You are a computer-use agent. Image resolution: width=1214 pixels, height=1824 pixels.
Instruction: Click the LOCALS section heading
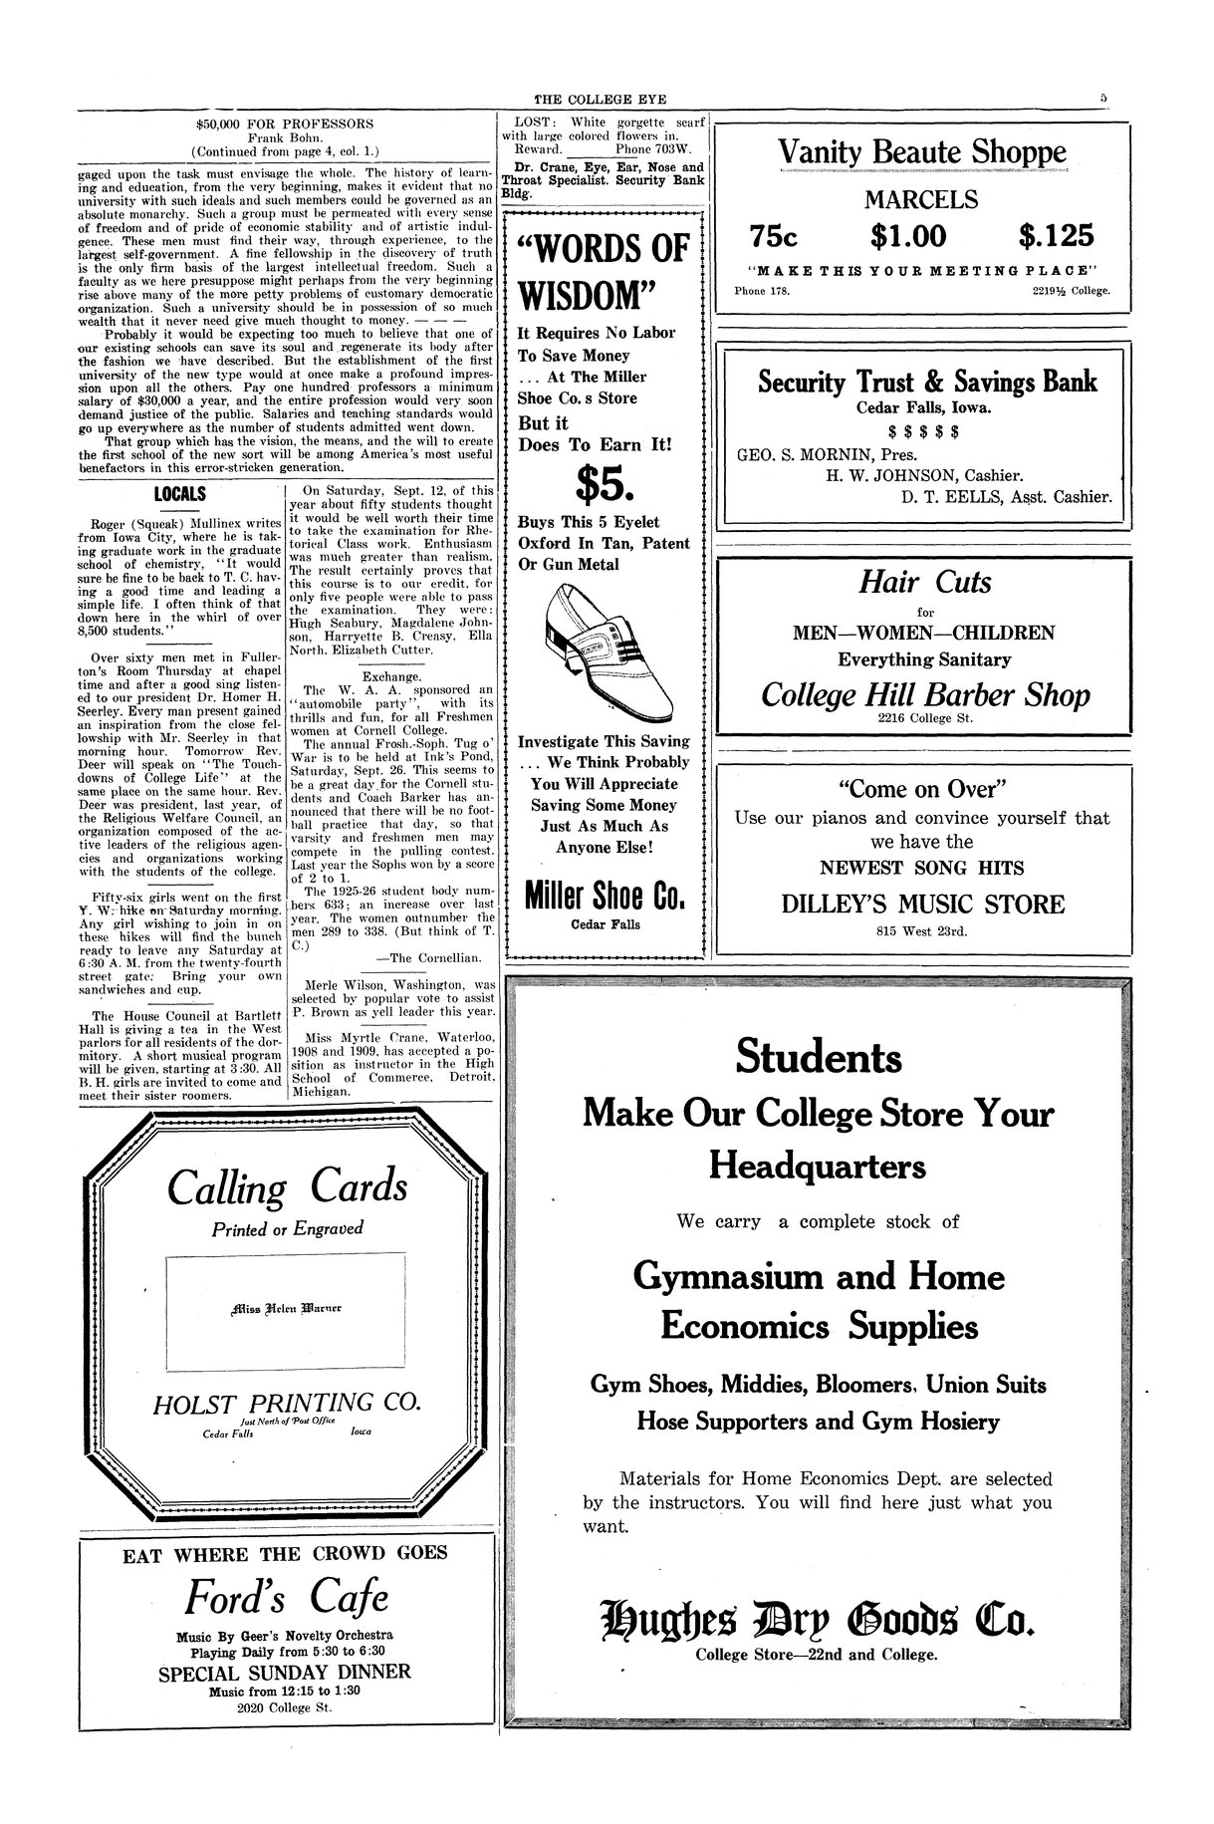click(x=179, y=494)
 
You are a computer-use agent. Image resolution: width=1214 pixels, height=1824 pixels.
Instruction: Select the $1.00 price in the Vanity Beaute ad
click(x=908, y=236)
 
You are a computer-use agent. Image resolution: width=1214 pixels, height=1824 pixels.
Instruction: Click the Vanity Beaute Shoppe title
click(x=921, y=152)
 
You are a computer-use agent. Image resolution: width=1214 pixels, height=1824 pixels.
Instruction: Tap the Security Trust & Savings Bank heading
click(x=927, y=381)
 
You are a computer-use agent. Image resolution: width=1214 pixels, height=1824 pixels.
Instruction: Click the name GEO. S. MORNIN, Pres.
click(x=815, y=453)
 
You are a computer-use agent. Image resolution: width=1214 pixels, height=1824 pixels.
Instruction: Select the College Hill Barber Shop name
click(x=925, y=694)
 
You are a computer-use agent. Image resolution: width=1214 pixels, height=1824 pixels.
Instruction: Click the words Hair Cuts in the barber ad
click(x=925, y=582)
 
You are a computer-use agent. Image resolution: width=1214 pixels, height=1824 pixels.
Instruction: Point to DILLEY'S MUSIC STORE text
click(x=922, y=905)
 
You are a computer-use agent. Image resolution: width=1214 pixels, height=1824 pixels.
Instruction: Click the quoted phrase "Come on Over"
click(x=922, y=790)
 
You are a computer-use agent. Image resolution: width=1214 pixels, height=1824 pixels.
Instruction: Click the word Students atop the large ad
click(x=819, y=1057)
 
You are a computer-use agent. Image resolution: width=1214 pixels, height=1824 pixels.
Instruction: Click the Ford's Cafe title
click(x=287, y=1598)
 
